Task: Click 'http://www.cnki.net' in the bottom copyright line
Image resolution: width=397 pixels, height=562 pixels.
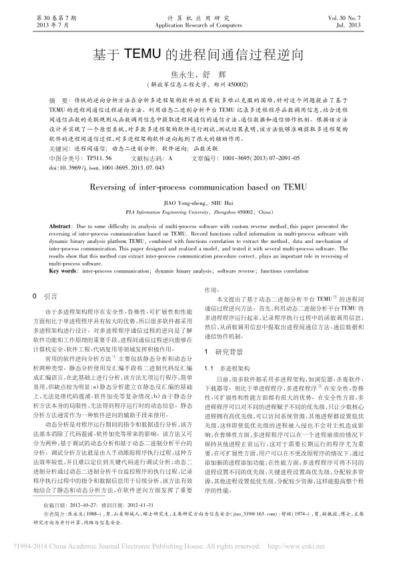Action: point(305,546)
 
